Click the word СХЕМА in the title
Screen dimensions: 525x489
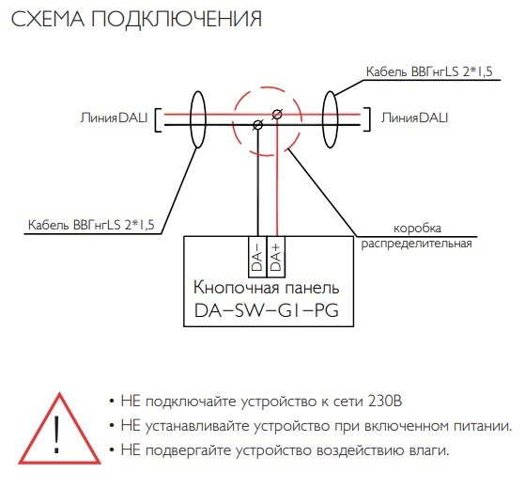[x=48, y=19]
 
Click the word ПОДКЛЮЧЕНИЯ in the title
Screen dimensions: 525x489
[x=177, y=19]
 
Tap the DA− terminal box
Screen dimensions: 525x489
[x=257, y=257]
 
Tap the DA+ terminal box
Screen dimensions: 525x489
[x=276, y=257]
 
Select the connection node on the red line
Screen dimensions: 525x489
[x=277, y=115]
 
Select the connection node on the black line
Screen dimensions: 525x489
[x=258, y=125]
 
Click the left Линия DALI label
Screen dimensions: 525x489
[x=114, y=118]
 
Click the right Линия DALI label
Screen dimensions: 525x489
[x=414, y=118]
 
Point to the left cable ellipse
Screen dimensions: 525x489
[x=192, y=119]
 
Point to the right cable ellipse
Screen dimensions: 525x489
[x=323, y=119]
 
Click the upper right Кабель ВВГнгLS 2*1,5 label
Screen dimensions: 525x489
[x=429, y=71]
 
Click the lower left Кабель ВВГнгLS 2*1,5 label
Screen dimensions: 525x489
[x=91, y=225]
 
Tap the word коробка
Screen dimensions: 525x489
[x=417, y=229]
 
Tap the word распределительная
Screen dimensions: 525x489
[x=416, y=244]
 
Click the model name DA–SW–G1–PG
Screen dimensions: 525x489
[x=267, y=310]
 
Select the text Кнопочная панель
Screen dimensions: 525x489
[x=267, y=288]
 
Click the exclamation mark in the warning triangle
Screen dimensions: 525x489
[x=57, y=434]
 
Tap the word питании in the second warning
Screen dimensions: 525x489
[x=483, y=426]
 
